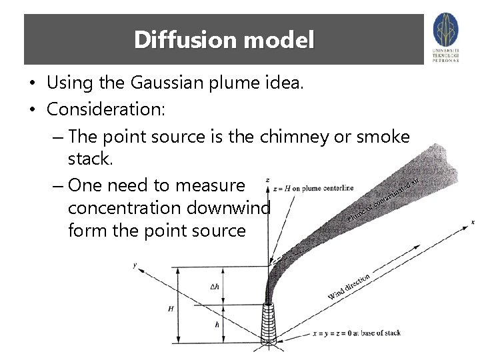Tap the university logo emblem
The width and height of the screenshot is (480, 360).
pos(445,29)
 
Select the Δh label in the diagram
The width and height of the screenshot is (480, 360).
pos(215,287)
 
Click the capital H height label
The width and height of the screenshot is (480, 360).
pos(171,309)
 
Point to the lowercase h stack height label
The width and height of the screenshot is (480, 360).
pos(216,325)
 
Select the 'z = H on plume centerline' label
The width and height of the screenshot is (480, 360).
pos(313,187)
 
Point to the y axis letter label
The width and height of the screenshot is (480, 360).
pos(135,265)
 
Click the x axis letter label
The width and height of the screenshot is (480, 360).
pos(473,222)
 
